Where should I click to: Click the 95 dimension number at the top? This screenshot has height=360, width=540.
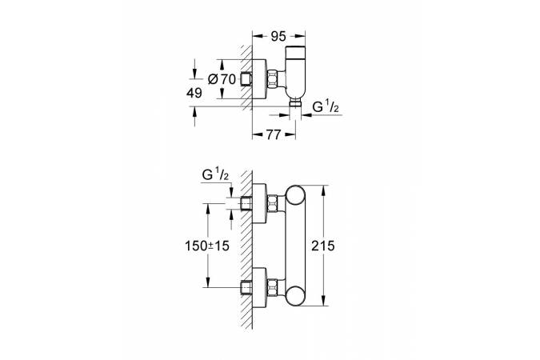[x=278, y=35]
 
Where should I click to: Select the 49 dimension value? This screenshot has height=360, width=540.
[x=194, y=93]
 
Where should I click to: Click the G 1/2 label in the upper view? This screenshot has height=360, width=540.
[x=326, y=106]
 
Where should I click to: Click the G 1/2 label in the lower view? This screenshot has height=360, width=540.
[x=217, y=174]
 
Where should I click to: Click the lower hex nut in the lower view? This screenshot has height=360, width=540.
[x=274, y=286]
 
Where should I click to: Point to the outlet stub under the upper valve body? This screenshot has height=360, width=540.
[x=295, y=104]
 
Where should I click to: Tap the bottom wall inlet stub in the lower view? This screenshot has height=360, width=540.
[x=247, y=285]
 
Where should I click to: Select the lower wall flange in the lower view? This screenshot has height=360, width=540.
[x=260, y=285]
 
